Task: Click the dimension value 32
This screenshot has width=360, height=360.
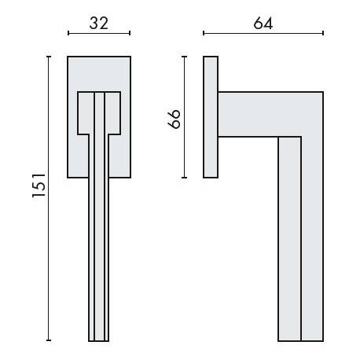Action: (98, 23)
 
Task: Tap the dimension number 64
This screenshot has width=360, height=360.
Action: (263, 23)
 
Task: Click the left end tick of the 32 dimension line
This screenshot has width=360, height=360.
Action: (68, 34)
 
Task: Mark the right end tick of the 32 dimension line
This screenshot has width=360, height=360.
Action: (129, 34)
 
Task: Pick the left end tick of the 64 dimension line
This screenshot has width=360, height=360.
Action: (204, 34)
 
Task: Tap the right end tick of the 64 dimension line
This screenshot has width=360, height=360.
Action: (322, 34)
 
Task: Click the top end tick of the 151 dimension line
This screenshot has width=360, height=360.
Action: (49, 56)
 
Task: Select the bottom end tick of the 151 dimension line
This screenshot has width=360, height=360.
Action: (49, 340)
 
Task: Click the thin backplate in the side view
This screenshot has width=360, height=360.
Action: (210, 117)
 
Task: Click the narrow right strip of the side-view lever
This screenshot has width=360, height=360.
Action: (312, 236)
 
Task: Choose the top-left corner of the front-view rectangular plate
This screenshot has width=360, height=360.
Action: (68, 57)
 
